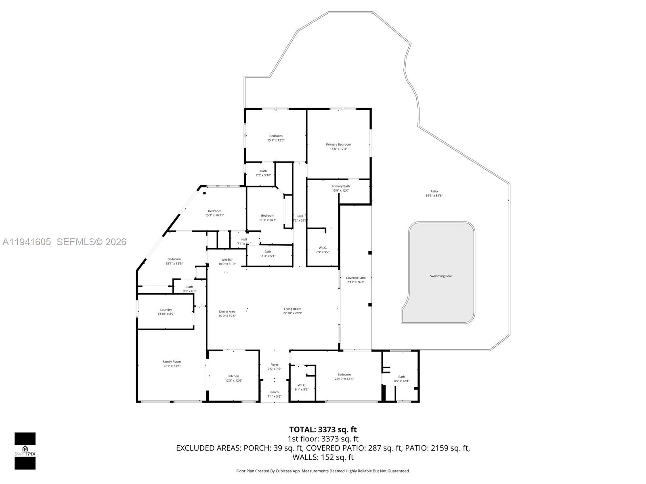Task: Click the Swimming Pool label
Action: (440, 276)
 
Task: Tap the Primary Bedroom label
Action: (338, 144)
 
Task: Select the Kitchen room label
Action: (234, 376)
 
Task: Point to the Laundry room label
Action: (166, 310)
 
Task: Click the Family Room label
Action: (172, 362)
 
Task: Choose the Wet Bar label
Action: (227, 260)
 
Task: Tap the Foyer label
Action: (275, 365)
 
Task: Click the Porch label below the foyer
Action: (275, 392)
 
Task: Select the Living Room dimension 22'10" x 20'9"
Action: (292, 313)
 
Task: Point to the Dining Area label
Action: (227, 311)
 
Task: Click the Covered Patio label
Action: (356, 278)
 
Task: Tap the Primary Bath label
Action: (341, 186)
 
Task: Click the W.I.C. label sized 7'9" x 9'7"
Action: (323, 248)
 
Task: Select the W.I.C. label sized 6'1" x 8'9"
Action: (302, 385)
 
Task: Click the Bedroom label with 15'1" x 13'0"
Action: (276, 136)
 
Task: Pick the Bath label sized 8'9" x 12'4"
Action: (401, 377)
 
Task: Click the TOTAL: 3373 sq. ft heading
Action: (323, 430)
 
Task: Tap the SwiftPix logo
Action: (25, 451)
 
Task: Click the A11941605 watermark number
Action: (27, 242)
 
